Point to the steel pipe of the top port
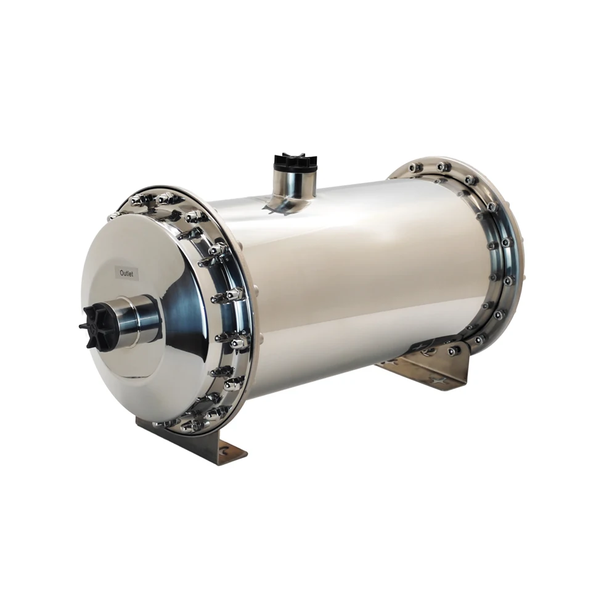(296, 183)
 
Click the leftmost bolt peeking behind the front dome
(113, 216)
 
